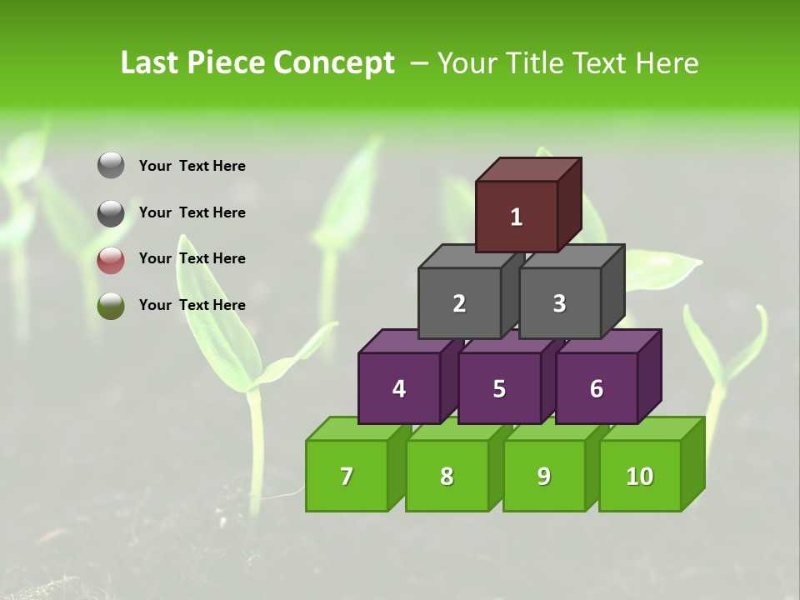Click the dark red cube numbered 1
point(517,217)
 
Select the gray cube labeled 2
point(459,303)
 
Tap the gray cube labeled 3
point(559,303)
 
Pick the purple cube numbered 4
point(399,388)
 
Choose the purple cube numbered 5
point(499,388)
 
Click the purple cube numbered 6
point(597,388)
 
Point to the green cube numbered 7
point(347,476)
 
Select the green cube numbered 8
point(447,476)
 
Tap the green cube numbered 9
point(543,476)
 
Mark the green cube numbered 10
point(639,476)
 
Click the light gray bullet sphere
point(111,166)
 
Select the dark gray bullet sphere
point(111,213)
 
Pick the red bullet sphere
point(111,260)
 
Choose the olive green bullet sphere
point(111,306)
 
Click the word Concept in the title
point(334,63)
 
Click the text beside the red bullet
point(192,258)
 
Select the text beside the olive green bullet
point(192,305)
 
